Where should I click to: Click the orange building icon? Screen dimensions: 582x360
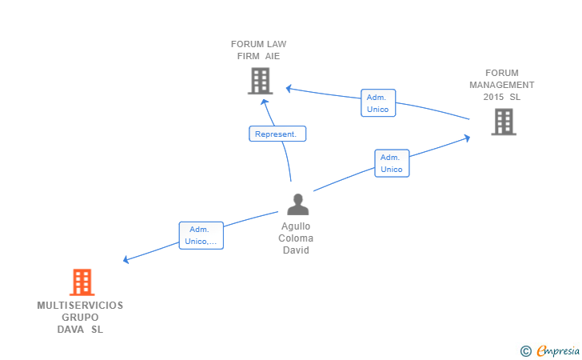pyautogui.click(x=82, y=282)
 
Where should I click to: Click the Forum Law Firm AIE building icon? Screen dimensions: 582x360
pyautogui.click(x=260, y=81)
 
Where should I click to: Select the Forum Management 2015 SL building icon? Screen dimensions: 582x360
pyautogui.click(x=504, y=122)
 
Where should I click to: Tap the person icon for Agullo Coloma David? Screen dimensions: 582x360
pyautogui.click(x=297, y=204)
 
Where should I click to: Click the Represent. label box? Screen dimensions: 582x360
pyautogui.click(x=277, y=134)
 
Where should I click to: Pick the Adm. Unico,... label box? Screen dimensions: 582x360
pyautogui.click(x=201, y=235)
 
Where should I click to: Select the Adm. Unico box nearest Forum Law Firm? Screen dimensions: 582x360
pyautogui.click(x=378, y=103)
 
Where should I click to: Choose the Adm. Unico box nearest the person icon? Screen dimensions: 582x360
pyautogui.click(x=392, y=163)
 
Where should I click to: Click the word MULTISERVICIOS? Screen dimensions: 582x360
pyautogui.click(x=80, y=306)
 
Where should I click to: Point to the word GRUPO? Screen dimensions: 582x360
pyautogui.click(x=80, y=318)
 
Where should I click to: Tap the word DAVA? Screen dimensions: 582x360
pyautogui.click(x=70, y=330)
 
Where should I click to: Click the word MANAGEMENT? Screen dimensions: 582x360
pyautogui.click(x=502, y=85)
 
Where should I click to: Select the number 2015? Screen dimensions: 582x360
pyautogui.click(x=494, y=97)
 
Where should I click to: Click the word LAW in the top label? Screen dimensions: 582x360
pyautogui.click(x=277, y=44)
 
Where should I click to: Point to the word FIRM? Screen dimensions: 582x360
pyautogui.click(x=249, y=56)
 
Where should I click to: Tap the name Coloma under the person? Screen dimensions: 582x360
pyautogui.click(x=296, y=238)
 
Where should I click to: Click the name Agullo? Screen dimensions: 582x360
pyautogui.click(x=296, y=226)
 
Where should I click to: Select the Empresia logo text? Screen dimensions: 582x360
pyautogui.click(x=558, y=350)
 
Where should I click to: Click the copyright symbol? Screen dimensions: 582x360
pyautogui.click(x=526, y=351)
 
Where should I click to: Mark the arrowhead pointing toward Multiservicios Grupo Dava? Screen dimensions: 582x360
pyautogui.click(x=126, y=259)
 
